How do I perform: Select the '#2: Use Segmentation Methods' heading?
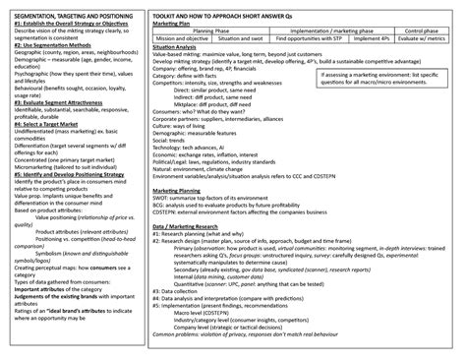tap(49, 74)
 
